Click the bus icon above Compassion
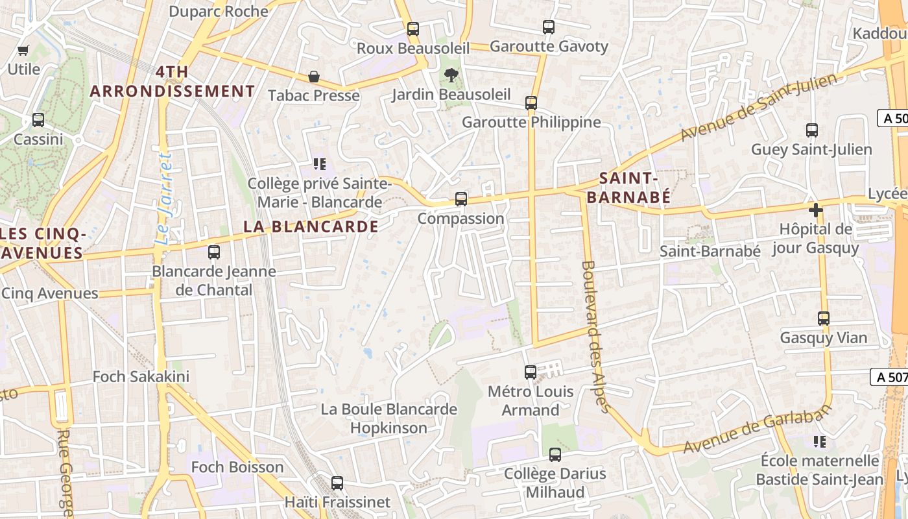[x=461, y=199]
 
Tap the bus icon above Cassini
[x=38, y=120]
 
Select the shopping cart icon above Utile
[x=24, y=50]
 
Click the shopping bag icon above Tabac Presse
[x=314, y=77]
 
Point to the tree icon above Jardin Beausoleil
[x=451, y=75]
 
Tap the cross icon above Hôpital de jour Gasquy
[x=816, y=210]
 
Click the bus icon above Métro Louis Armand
[x=531, y=372]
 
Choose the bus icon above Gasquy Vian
[x=824, y=318]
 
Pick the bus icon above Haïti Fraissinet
[x=337, y=483]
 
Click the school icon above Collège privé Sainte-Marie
[x=318, y=164]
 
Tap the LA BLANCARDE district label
[x=311, y=226]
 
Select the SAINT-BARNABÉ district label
[x=629, y=187]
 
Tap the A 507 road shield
[x=889, y=376]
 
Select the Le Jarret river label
[x=165, y=199]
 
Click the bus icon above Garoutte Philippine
[x=531, y=103]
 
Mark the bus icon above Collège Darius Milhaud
[x=555, y=454]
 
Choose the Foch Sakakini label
[x=141, y=376]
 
